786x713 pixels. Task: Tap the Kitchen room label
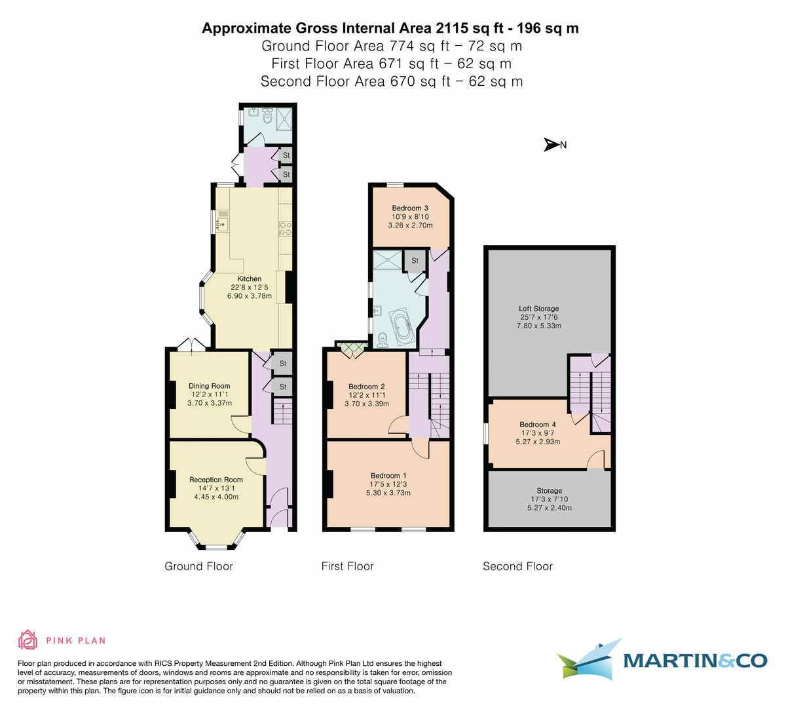pos(249,279)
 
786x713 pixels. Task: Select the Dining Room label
pos(209,386)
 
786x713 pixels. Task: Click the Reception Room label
pos(215,480)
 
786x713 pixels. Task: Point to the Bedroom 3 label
pos(410,208)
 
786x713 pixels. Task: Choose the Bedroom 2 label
pos(366,387)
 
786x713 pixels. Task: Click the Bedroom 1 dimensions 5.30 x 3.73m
pos(388,493)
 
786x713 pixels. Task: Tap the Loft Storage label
pos(538,309)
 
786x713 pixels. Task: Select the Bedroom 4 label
pos(538,425)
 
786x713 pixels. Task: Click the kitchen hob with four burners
pos(286,228)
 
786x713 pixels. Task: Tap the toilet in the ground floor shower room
pos(267,117)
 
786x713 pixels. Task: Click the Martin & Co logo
pos(662,659)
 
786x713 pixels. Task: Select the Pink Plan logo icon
pos(28,640)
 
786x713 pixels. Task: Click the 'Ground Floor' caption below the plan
pos(198,566)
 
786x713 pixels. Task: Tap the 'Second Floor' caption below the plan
pos(517,566)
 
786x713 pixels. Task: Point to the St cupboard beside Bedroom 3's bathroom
pos(415,261)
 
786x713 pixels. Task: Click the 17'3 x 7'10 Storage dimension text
pos(549,499)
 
